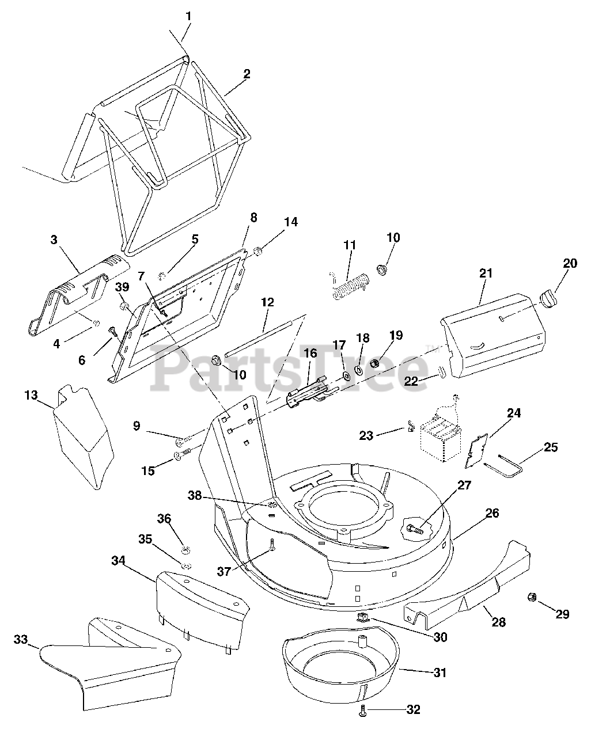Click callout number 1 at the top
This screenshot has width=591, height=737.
pos(188,17)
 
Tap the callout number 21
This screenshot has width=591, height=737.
pos(486,273)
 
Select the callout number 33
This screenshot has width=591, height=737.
pos(20,639)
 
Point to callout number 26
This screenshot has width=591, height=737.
pos(492,512)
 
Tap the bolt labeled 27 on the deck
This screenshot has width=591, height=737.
pos(413,526)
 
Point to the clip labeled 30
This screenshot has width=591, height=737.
pos(363,618)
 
